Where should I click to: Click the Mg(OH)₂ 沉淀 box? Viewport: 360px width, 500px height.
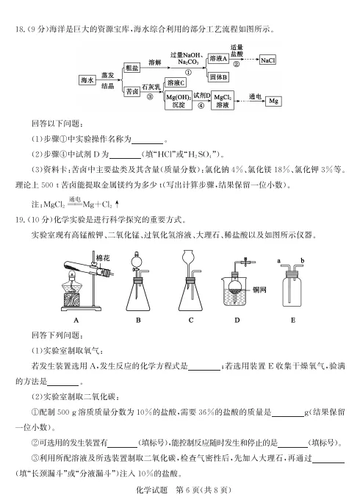pyautogui.click(x=177, y=101)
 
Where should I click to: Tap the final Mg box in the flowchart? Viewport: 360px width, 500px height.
pyautogui.click(x=273, y=100)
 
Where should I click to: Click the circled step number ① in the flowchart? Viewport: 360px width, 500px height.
pyautogui.click(x=188, y=72)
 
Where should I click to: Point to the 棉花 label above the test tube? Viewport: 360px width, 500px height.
pyautogui.click(x=104, y=257)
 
